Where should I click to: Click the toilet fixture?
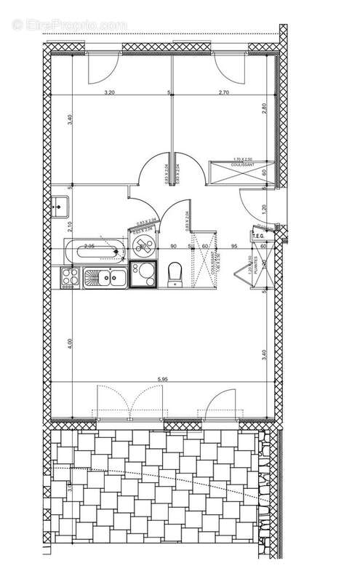click(x=174, y=275)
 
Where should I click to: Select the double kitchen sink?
click(x=107, y=277)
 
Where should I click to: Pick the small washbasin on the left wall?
click(x=57, y=206)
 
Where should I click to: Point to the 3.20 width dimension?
click(x=110, y=92)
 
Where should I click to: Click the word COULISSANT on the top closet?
click(x=242, y=164)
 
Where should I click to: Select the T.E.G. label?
click(x=258, y=236)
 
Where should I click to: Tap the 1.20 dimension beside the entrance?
click(x=265, y=208)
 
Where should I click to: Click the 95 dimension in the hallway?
click(x=234, y=247)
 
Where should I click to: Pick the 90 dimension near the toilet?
click(x=174, y=247)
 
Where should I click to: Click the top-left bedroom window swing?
click(x=102, y=69)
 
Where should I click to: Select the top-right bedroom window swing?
click(x=228, y=69)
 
